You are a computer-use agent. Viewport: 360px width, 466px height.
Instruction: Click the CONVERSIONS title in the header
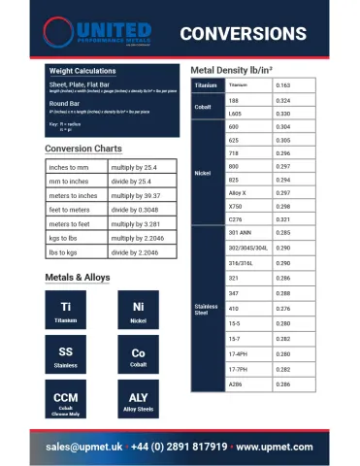tap(243, 34)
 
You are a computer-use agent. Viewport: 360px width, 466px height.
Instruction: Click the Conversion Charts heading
tap(83, 149)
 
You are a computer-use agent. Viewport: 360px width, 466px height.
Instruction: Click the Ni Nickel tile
tap(138, 312)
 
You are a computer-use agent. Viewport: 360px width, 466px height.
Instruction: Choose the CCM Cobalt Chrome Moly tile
tap(66, 403)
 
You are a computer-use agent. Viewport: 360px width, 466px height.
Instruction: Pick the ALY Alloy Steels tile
tap(138, 403)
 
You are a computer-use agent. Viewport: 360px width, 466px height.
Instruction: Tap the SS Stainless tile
tap(66, 357)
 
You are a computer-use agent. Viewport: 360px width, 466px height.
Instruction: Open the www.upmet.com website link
tap(275, 447)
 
